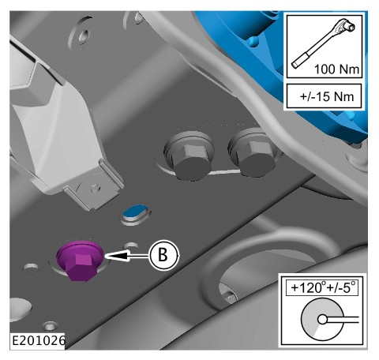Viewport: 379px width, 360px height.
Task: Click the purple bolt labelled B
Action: pyautogui.click(x=80, y=261)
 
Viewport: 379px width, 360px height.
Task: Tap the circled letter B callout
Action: pyautogui.click(x=163, y=255)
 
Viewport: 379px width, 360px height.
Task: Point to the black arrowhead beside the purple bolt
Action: pyautogui.click(x=117, y=256)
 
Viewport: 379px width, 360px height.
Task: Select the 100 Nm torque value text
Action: pyautogui.click(x=336, y=69)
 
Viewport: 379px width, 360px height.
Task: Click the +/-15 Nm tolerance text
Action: pyautogui.click(x=327, y=96)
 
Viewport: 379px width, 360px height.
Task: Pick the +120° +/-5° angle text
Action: pyautogui.click(x=323, y=287)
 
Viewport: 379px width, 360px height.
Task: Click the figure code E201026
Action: pyautogui.click(x=39, y=341)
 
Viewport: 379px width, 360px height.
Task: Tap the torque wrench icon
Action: pyautogui.click(x=324, y=43)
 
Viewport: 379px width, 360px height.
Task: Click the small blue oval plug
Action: pyautogui.click(x=136, y=212)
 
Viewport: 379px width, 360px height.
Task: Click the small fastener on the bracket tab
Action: pyautogui.click(x=95, y=189)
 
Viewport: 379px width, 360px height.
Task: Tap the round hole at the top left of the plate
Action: pyautogui.click(x=84, y=35)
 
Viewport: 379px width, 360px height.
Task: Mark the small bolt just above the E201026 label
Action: pyautogui.click(x=49, y=326)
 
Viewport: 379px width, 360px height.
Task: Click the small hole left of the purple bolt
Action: pyautogui.click(x=32, y=268)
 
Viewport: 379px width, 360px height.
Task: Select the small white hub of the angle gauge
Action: pyautogui.click(x=322, y=320)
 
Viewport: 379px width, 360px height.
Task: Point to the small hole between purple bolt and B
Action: pyautogui.click(x=131, y=246)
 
